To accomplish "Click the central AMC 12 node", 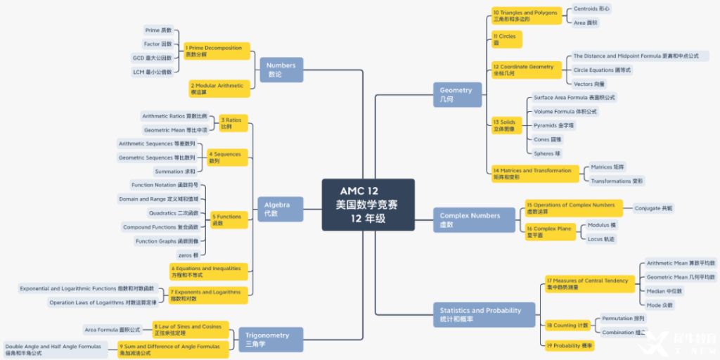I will click(368, 205).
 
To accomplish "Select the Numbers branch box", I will click(281, 69).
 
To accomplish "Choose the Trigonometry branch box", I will click(271, 339).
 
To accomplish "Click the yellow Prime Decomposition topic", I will click(217, 51).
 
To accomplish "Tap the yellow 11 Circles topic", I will click(506, 39).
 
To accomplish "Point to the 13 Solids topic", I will click(506, 125).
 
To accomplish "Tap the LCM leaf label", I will click(152, 72).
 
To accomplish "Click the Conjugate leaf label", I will click(653, 208).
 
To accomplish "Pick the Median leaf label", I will click(664, 290).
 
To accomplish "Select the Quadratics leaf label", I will click(173, 212).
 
